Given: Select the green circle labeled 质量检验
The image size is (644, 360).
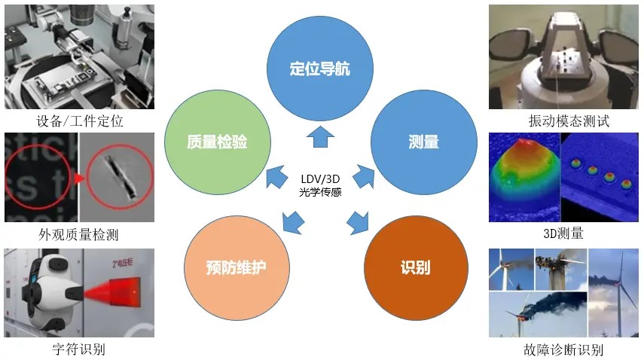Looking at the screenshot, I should tap(218, 141).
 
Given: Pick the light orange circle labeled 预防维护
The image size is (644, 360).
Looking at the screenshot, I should tap(237, 267).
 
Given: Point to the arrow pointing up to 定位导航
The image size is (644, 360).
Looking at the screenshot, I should tap(319, 136).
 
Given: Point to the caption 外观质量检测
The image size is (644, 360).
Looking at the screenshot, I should tap(79, 234).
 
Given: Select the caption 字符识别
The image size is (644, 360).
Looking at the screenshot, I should tap(79, 349).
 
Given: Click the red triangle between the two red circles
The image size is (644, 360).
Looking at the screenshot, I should tap(78, 178).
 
